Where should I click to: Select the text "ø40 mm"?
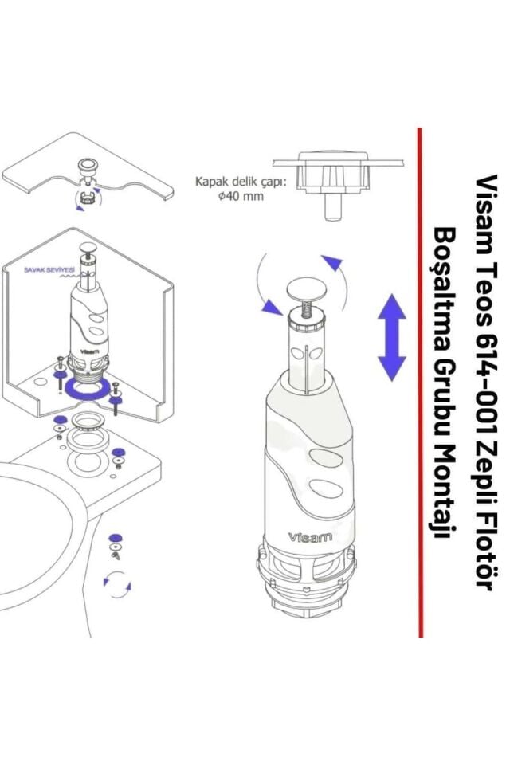[241, 197]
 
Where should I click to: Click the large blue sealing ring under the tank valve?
[87, 390]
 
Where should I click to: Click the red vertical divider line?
[420, 382]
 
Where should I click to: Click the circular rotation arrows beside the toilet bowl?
[117, 586]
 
